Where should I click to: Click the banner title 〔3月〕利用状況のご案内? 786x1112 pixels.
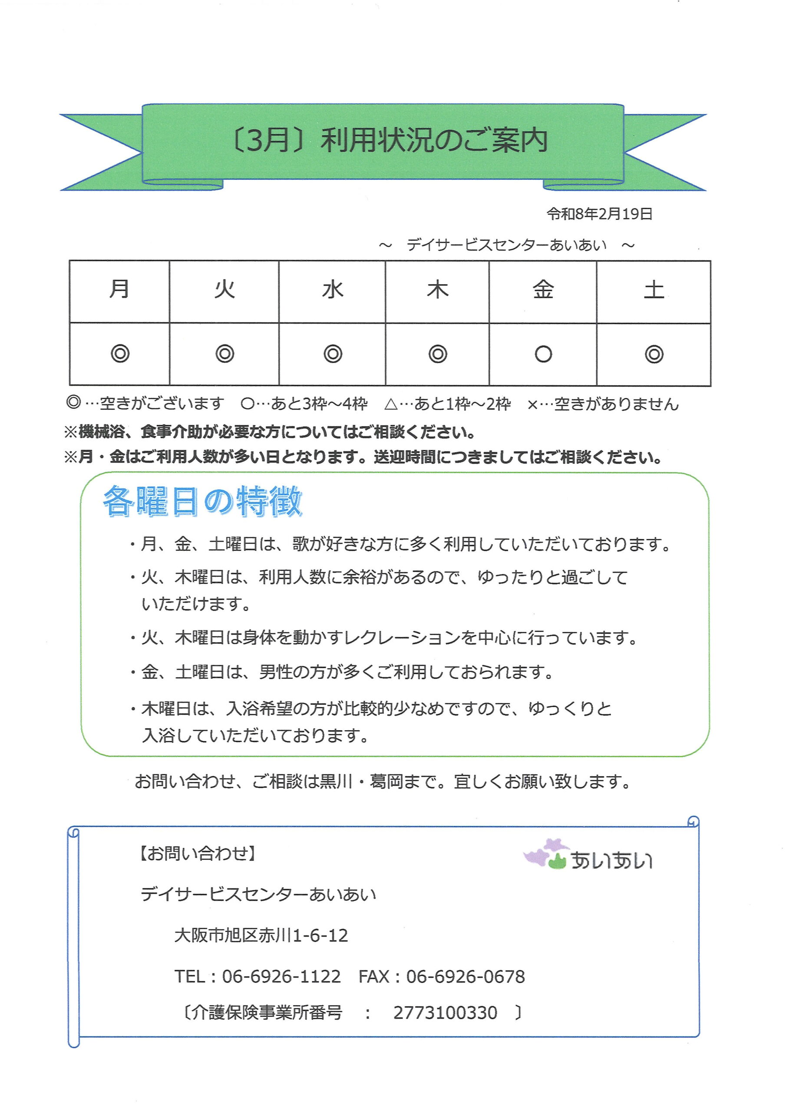390,140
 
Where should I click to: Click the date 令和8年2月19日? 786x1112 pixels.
599,214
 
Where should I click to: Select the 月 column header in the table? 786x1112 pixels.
119,289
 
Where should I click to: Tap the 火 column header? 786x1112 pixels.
225,290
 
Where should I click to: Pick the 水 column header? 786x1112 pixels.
333,290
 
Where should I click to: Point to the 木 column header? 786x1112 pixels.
437,290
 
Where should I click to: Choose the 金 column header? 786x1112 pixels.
543,290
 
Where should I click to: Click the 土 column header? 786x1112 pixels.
654,290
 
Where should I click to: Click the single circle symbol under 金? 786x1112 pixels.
543,354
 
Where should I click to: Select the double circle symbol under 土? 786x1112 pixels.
654,354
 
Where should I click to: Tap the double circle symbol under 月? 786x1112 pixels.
120,354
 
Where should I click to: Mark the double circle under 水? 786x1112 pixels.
333,354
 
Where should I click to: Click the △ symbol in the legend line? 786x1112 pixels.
390,404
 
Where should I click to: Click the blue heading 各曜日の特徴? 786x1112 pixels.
202,501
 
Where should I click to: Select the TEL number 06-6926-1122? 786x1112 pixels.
281,976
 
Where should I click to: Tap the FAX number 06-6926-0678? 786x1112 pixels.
465,976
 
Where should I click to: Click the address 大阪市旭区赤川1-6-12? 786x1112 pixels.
261,935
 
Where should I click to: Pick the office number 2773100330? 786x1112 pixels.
445,1012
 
